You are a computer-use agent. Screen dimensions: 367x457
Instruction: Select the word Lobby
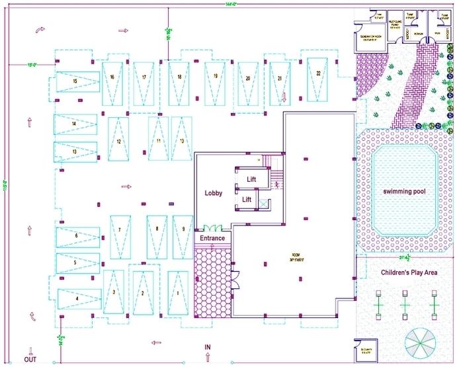coord(213,193)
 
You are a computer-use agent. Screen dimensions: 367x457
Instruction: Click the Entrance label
coord(212,238)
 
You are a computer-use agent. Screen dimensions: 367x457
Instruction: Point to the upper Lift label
coord(251,179)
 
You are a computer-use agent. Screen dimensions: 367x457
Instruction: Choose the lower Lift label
coord(247,199)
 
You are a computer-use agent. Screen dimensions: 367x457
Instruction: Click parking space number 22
coord(319,73)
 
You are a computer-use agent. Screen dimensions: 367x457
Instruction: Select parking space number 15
coord(76,81)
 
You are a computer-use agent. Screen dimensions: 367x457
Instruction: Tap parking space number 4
coord(77,299)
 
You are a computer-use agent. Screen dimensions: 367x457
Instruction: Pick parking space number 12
coord(118,142)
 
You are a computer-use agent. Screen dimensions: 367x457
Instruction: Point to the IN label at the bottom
coord(207,347)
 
